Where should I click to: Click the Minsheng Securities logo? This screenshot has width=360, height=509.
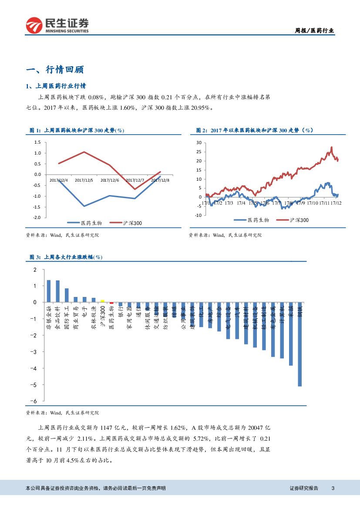(57, 25)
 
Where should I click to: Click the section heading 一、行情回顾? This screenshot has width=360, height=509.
(55, 70)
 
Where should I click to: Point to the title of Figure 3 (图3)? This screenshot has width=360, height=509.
(66, 257)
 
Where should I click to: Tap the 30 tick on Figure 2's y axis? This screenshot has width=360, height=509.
(199, 142)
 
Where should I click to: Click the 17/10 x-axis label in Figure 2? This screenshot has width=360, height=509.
(312, 203)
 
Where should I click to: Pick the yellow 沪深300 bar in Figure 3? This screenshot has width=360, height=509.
(102, 301)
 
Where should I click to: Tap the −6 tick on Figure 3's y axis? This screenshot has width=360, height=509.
(35, 401)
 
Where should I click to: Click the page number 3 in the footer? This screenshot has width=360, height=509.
(333, 488)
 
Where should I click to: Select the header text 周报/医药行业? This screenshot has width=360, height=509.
(314, 30)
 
